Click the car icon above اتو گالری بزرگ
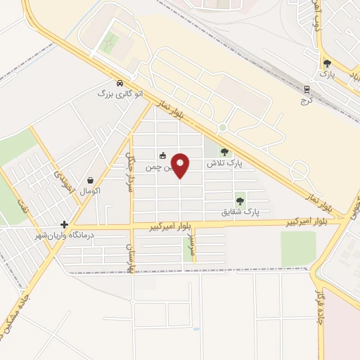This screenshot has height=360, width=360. click(x=120, y=82)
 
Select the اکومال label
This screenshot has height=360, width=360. click(x=91, y=191)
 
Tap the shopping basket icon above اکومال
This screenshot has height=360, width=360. click(x=91, y=180)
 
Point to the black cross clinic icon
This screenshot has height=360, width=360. click(x=63, y=224)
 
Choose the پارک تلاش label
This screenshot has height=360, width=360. click(x=224, y=163)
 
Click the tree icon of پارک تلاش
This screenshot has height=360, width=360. click(x=224, y=152)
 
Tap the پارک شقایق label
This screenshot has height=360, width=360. click(x=240, y=211)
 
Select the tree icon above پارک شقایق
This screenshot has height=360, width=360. click(x=240, y=200)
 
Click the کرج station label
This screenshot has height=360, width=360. click(x=306, y=100)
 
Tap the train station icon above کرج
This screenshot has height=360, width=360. click(x=307, y=89)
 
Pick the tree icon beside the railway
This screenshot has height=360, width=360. click(x=327, y=63)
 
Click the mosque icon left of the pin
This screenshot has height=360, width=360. click(x=162, y=155)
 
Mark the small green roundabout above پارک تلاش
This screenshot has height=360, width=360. click(x=222, y=127)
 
